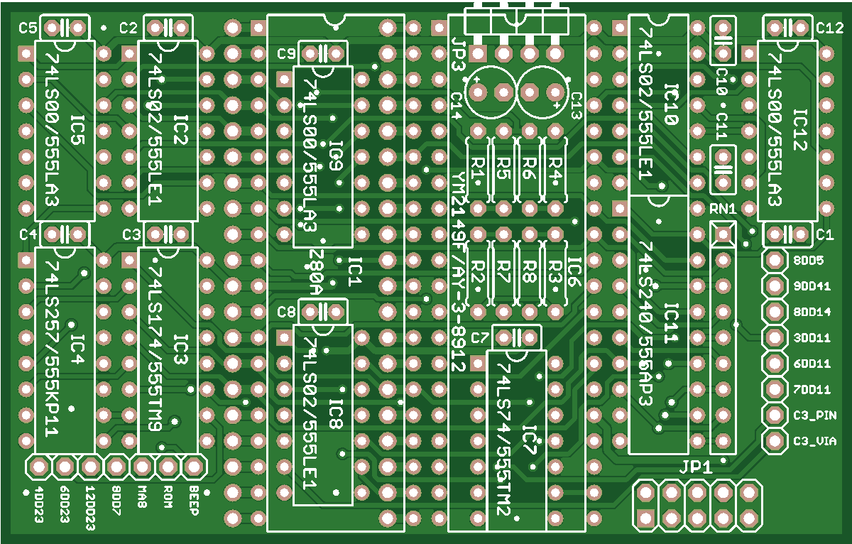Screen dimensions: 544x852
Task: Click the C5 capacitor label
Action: [x=28, y=28]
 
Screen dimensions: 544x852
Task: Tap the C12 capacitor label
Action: [x=829, y=28]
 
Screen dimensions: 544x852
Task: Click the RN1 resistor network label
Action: [x=723, y=210]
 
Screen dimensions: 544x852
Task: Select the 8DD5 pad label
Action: [x=807, y=261]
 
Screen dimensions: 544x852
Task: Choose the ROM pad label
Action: [x=168, y=496]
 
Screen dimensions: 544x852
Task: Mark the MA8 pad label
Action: [x=142, y=496]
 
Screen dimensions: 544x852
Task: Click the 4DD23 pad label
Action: [x=39, y=504]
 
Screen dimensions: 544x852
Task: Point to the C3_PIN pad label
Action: [x=812, y=415]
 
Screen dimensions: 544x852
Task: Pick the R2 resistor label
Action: [x=478, y=271]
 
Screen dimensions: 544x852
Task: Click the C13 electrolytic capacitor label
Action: [x=575, y=105]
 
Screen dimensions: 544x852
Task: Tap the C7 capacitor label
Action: [x=480, y=337]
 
